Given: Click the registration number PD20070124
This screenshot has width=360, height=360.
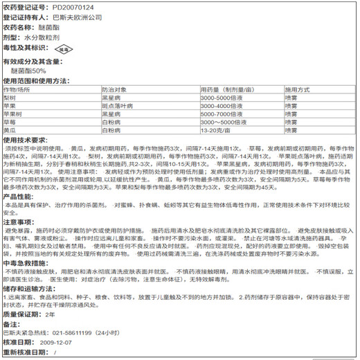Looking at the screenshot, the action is [x=74, y=7].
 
